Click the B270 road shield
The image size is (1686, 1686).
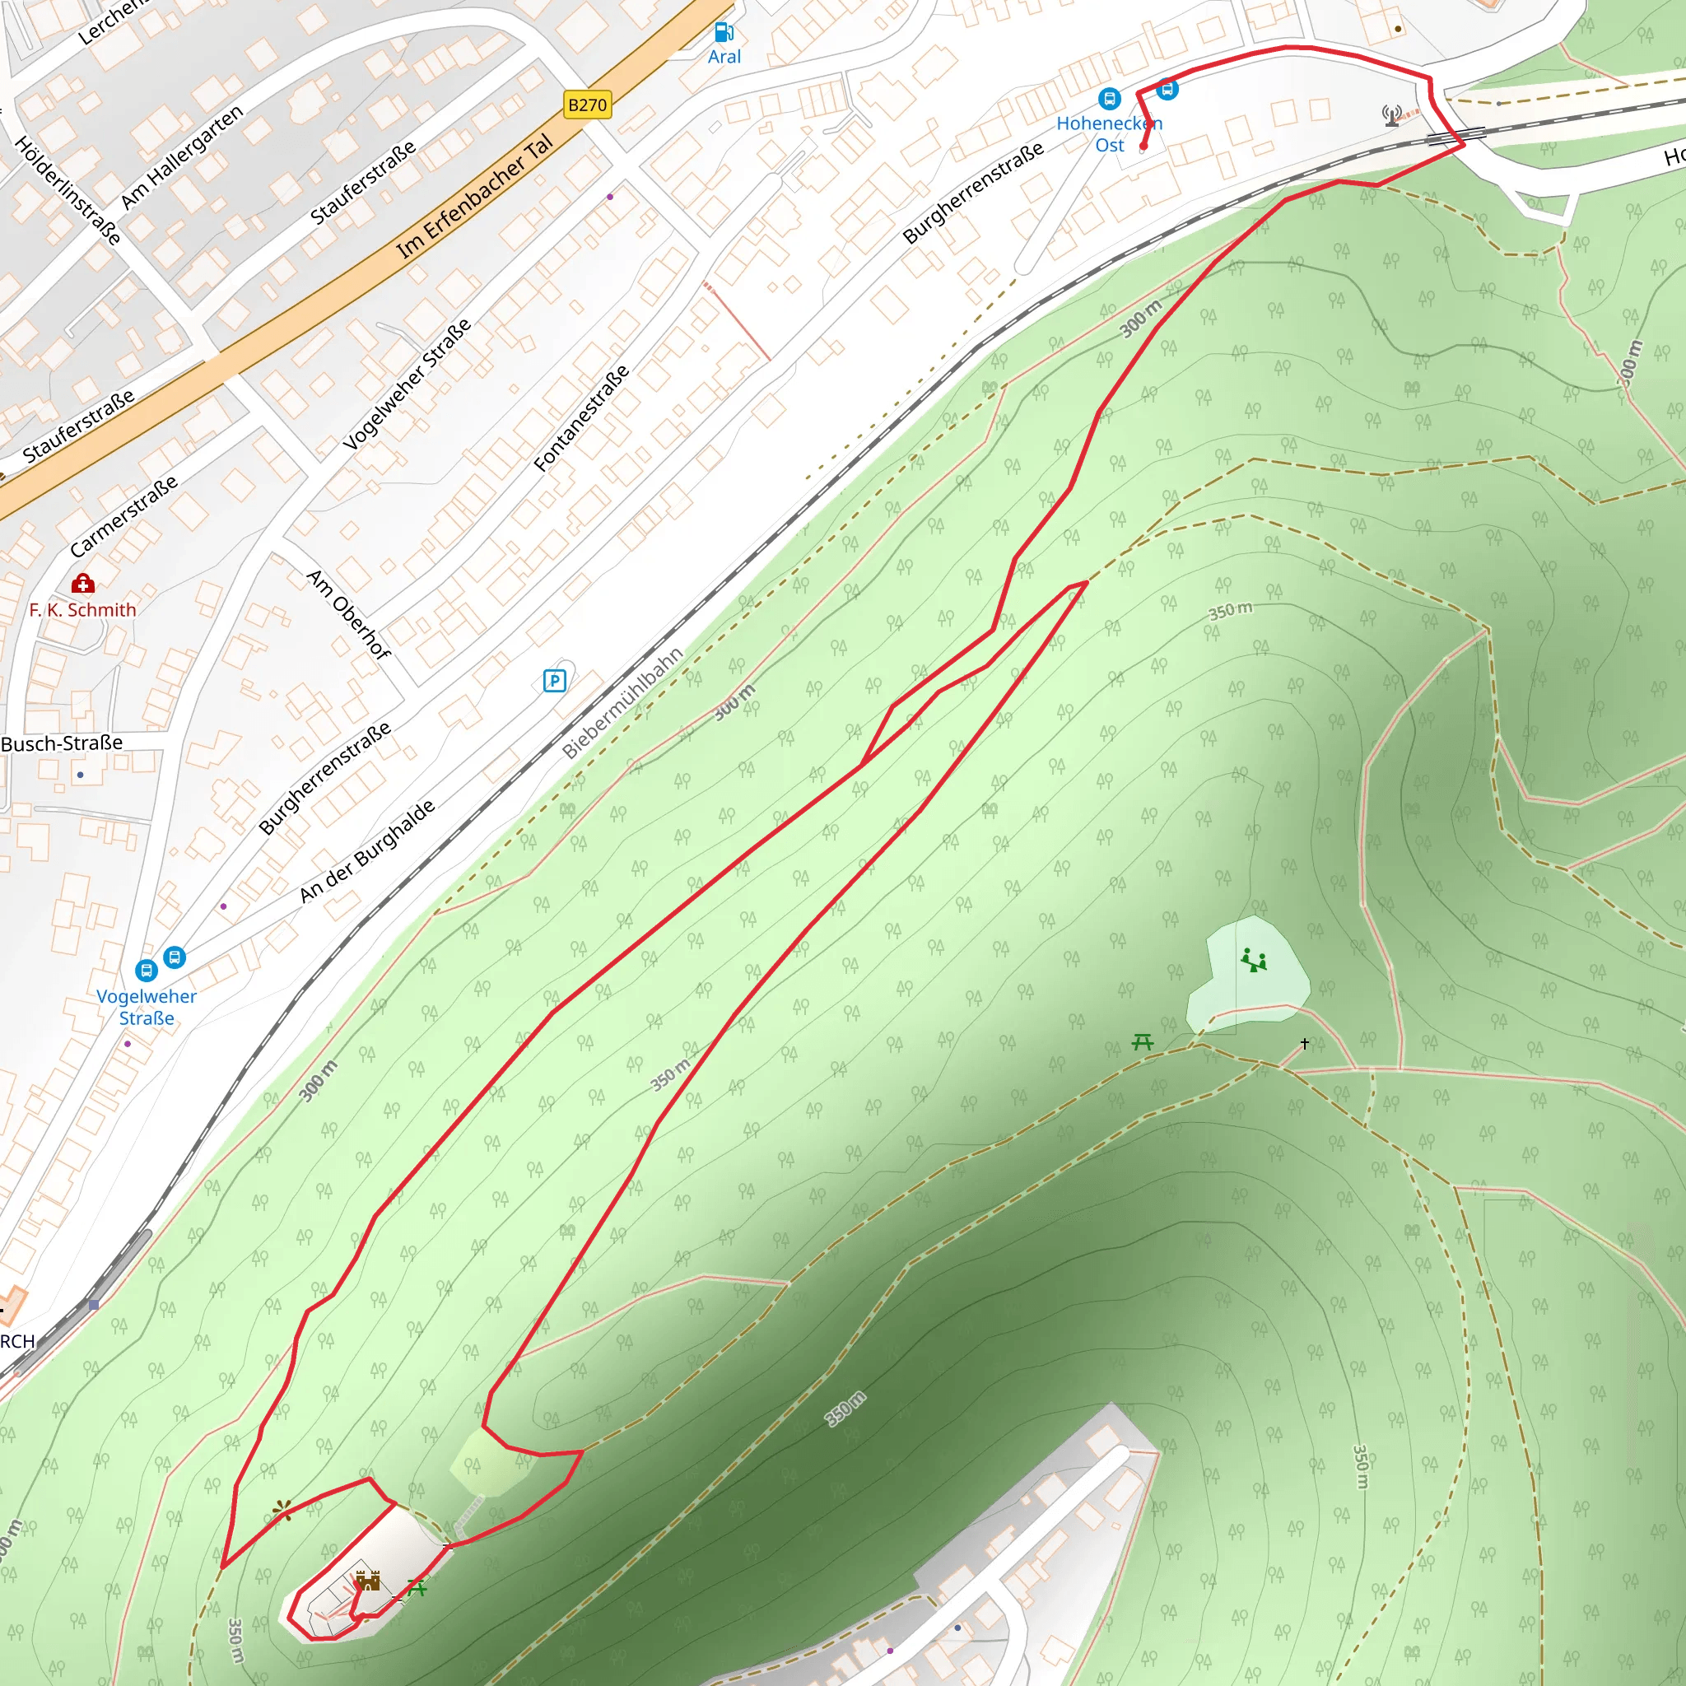[587, 105]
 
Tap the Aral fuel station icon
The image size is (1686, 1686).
[724, 33]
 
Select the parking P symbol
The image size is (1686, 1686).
[554, 681]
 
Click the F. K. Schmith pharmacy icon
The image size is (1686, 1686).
[83, 583]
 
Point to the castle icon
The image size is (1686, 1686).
[368, 1581]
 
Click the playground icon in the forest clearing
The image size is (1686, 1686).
[1254, 960]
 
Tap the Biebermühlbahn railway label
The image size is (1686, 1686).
[622, 702]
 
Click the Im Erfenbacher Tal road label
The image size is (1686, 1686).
[476, 197]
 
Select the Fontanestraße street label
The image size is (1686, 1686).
[581, 419]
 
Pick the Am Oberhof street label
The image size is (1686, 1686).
[348, 614]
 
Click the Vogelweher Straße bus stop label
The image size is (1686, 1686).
[146, 1007]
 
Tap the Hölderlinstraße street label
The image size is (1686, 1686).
[68, 190]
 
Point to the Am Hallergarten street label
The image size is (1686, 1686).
[183, 157]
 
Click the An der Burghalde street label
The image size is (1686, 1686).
[366, 851]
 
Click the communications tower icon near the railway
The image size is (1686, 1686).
[1392, 115]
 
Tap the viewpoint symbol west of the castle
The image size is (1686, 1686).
[282, 1510]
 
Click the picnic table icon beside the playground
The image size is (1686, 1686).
[1143, 1042]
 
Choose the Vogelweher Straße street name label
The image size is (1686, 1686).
[407, 384]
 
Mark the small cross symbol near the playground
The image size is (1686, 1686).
[1305, 1044]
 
